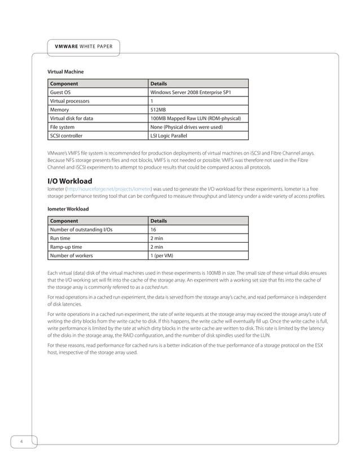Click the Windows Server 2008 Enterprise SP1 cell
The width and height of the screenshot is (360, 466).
(x=190, y=93)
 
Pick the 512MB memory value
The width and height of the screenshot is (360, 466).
(x=159, y=110)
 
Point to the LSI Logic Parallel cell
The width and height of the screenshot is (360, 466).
(x=172, y=136)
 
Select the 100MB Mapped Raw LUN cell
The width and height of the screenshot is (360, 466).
(x=195, y=118)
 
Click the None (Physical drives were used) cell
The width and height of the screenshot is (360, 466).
(x=186, y=128)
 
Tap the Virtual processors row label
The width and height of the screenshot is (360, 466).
(x=70, y=101)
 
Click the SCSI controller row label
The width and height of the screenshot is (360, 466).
(x=67, y=136)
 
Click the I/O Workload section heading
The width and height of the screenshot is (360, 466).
(x=73, y=181)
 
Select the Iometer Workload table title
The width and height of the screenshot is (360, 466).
(x=68, y=209)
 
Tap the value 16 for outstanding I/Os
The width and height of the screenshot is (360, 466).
(x=153, y=230)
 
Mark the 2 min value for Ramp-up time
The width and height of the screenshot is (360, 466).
(x=156, y=247)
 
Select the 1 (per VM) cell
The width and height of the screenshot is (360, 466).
(x=161, y=256)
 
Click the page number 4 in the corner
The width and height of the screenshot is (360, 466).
(x=21, y=441)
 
